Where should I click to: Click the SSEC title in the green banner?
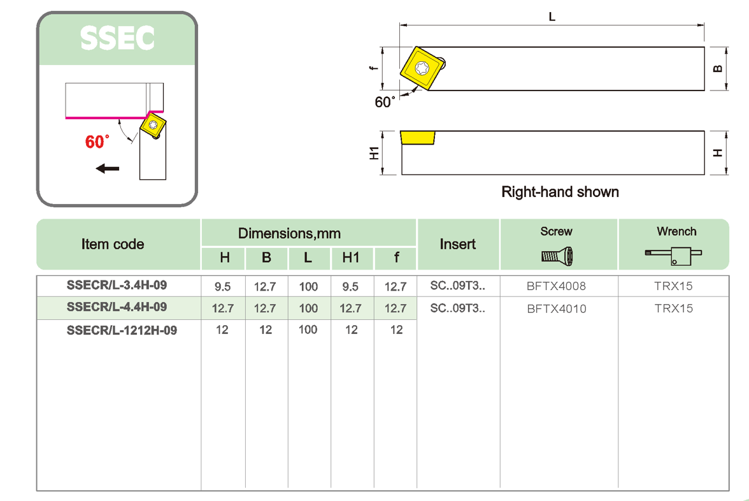[x=117, y=39]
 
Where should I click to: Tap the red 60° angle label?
[x=97, y=142]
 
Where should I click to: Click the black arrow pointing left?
[x=107, y=168]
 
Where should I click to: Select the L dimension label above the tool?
[x=552, y=17]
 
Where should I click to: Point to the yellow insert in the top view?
[x=422, y=69]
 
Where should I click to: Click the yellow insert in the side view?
[x=418, y=138]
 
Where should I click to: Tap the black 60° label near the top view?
[x=385, y=102]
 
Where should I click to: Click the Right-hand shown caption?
[x=560, y=192]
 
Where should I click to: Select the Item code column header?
[x=113, y=244]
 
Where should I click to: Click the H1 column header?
[x=350, y=258]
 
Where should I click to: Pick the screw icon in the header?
[x=557, y=257]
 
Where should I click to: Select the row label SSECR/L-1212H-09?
[x=122, y=330]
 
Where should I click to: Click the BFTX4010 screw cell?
[x=556, y=309]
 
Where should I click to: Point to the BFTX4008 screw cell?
[x=556, y=286]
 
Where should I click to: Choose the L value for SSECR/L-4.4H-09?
[x=308, y=309]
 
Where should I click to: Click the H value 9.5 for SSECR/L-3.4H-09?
[x=222, y=286]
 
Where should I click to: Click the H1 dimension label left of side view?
[x=374, y=153]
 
